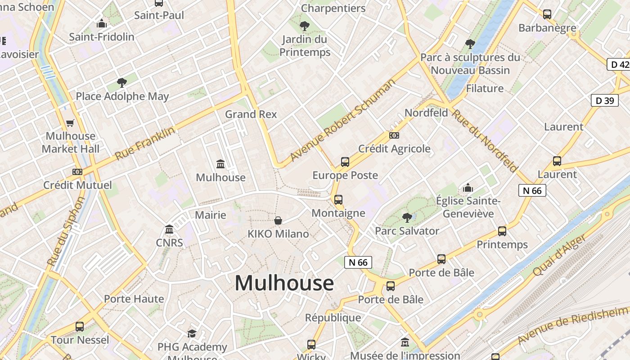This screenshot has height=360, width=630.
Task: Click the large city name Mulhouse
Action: coord(284,283)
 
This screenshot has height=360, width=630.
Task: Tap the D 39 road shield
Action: coord(604,100)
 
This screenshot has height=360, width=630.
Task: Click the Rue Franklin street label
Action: coord(144,144)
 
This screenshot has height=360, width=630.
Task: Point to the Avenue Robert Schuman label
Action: coord(343,120)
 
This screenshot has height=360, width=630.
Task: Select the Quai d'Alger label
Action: coord(559,255)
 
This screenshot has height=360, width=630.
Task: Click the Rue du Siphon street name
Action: coord(66,231)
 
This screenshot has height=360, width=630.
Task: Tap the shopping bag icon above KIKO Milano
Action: coord(278,220)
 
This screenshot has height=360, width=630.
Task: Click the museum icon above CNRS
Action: coord(169,229)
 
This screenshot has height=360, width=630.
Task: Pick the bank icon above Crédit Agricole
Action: coord(394,135)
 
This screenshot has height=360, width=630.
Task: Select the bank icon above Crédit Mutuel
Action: coord(77,171)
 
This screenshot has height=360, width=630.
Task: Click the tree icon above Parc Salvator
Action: coord(407,218)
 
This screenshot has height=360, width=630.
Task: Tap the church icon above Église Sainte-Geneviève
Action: coord(468,187)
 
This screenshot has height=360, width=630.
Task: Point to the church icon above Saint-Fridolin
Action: coord(102,23)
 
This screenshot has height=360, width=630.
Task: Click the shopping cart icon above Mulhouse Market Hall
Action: coord(70,123)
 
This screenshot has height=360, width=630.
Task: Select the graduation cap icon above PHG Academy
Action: coord(192,333)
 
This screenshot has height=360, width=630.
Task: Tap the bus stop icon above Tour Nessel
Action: coord(80,326)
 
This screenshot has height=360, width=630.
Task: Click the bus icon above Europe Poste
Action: coord(345,162)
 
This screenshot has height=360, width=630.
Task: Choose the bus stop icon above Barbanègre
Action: coord(547,14)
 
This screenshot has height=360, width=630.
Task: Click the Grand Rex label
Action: coord(251,114)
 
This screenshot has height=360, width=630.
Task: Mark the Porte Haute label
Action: coord(134,299)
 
